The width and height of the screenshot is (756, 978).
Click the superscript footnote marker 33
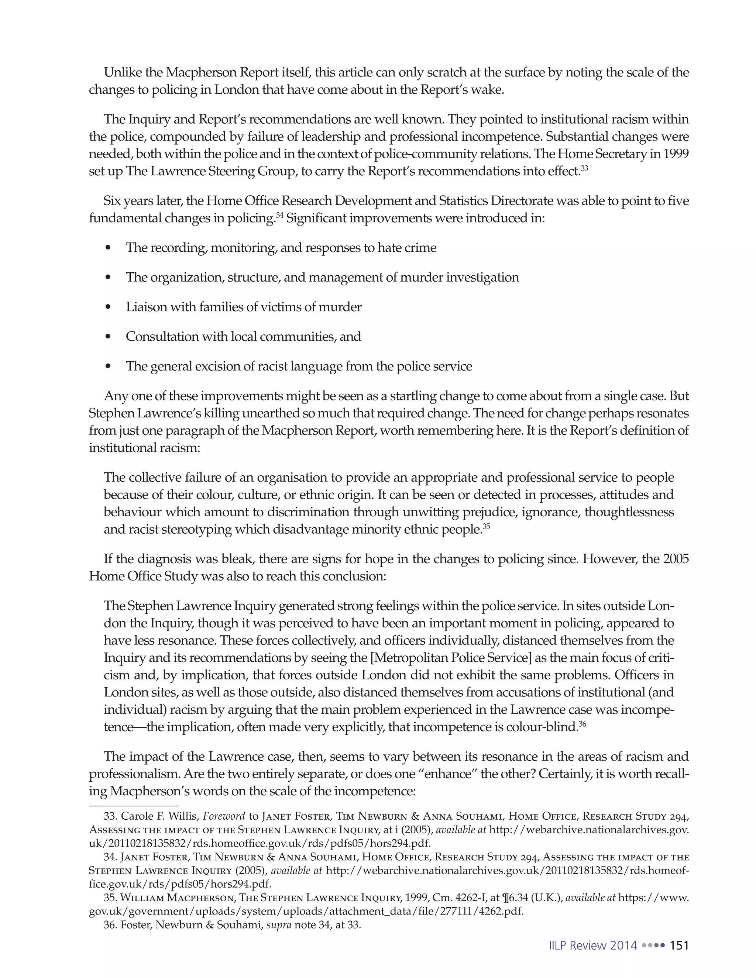click(x=584, y=168)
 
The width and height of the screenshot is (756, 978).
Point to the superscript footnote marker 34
click(x=279, y=216)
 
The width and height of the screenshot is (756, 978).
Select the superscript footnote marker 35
click(x=487, y=526)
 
